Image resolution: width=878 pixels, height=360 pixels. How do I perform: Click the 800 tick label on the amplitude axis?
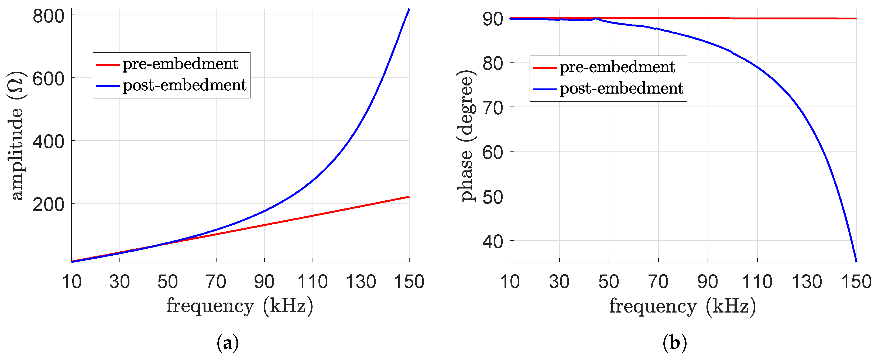48,16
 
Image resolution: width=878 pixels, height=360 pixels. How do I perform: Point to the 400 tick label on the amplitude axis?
48,142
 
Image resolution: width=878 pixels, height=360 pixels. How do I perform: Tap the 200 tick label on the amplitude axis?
48,205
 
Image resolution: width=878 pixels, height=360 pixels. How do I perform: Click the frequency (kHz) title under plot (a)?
240,306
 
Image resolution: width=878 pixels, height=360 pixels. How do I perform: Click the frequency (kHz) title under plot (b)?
682,306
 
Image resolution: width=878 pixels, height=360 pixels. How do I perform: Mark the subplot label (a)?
228,343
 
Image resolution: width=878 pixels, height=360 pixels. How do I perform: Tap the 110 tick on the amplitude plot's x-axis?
313,282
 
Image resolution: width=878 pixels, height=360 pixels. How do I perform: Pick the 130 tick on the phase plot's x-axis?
807,282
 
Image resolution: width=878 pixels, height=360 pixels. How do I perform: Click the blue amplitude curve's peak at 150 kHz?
409,9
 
